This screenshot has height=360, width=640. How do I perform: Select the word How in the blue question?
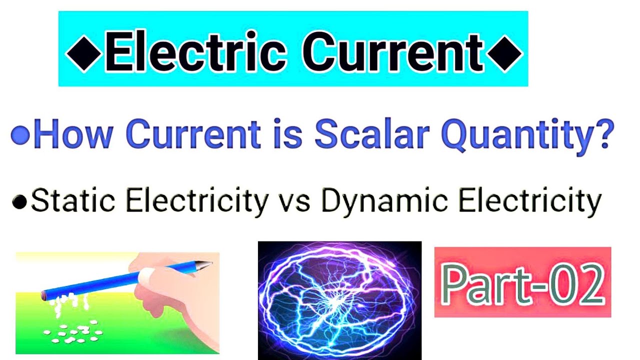pyautogui.click(x=74, y=135)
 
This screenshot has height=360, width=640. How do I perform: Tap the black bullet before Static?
pyautogui.click(x=20, y=202)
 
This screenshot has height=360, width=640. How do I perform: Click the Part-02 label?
pyautogui.click(x=522, y=282)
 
